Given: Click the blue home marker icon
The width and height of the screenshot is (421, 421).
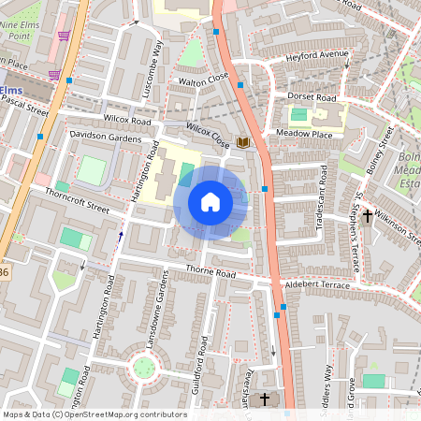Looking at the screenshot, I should point(210,201).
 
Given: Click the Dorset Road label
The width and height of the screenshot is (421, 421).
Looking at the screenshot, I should point(312,96).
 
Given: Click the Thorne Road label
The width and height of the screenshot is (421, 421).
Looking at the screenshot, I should point(211,272).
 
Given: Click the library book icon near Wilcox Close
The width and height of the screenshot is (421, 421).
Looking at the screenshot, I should point(243,142).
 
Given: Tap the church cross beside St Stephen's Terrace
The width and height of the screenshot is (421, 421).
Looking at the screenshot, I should point(368,216).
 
